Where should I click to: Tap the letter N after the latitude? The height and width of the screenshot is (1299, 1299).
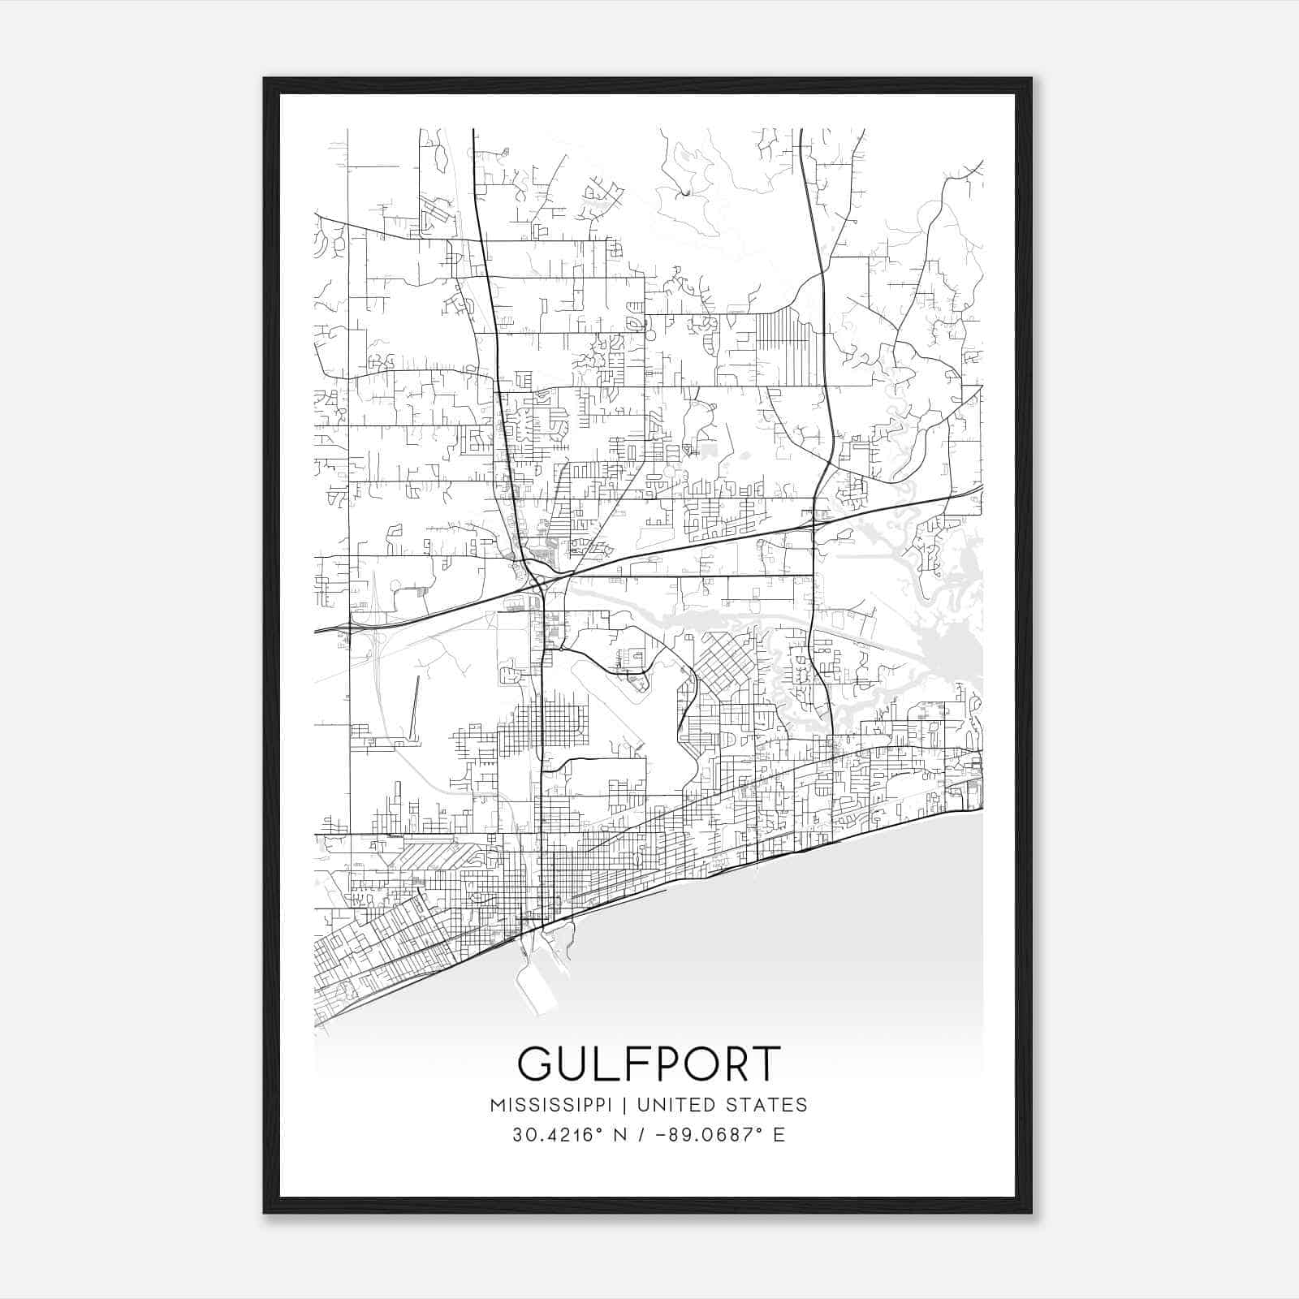619,1135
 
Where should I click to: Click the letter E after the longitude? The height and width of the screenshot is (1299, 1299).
779,1135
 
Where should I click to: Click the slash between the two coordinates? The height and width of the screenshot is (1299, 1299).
642,1135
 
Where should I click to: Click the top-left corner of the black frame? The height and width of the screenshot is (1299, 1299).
265,79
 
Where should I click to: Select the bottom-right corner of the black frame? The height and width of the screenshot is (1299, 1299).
1031,1212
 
